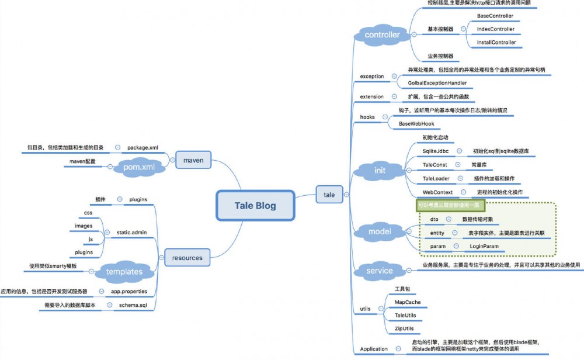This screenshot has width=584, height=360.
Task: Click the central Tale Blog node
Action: [x=255, y=206]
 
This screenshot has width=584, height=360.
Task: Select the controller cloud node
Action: [x=382, y=35]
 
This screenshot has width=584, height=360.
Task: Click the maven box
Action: [x=193, y=158]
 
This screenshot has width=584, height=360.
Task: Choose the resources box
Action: [x=187, y=257]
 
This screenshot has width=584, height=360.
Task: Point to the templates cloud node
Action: [x=124, y=271]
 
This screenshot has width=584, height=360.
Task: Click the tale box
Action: [x=329, y=195]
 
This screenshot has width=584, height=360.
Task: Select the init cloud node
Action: [x=380, y=170]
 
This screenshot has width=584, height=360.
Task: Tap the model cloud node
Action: [x=380, y=232]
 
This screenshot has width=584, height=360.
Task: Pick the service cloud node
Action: [x=380, y=271]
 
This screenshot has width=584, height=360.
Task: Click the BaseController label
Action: [x=495, y=16]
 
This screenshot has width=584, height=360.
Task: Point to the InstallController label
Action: [x=496, y=43]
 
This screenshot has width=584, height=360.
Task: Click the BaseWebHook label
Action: [x=416, y=124]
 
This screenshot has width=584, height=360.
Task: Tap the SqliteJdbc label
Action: [x=435, y=151]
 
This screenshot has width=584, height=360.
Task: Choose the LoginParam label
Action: [x=484, y=247]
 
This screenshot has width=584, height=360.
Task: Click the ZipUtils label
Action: [x=406, y=328]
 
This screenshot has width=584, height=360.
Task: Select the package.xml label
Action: [x=143, y=148]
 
